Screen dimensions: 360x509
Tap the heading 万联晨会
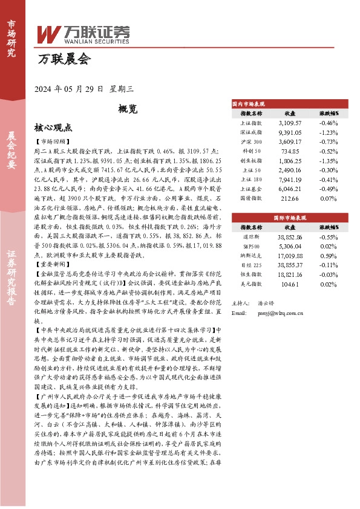pyautogui.click(x=64, y=60)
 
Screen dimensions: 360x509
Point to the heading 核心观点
pyautogui.click(x=53, y=128)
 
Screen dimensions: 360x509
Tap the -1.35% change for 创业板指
pyautogui.click(x=329, y=161)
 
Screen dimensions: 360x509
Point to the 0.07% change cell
pyautogui.click(x=329, y=199)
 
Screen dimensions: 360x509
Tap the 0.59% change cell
pyautogui.click(x=329, y=256)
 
